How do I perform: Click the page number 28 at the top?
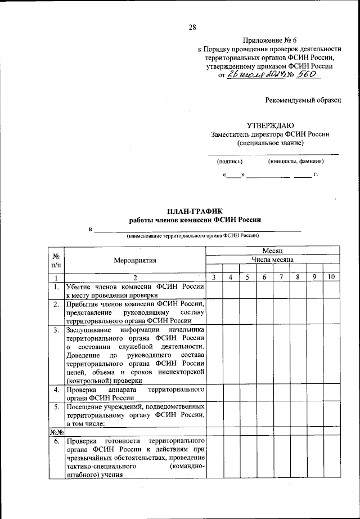(192, 27)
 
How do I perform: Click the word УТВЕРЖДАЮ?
(270, 126)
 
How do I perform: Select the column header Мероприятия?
(134, 261)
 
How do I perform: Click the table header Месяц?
(271, 250)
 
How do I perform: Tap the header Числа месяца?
(271, 259)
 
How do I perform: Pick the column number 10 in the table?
(331, 277)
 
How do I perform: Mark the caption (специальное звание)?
(271, 143)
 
